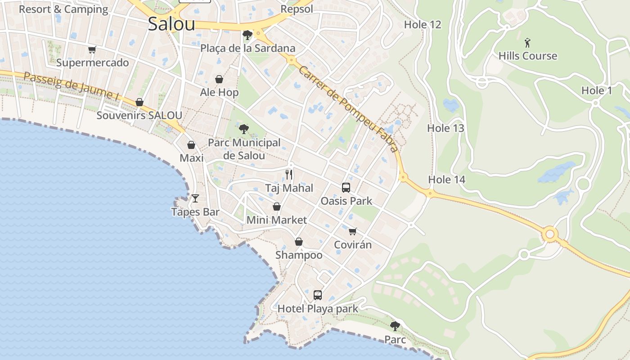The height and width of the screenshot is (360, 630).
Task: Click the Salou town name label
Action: tap(171, 24)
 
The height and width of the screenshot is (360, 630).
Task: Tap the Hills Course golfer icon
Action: tap(528, 43)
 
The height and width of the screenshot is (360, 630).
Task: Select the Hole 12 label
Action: tap(423, 25)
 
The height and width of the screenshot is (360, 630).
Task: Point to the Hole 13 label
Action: tap(445, 128)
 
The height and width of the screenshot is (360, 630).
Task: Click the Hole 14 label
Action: tap(446, 180)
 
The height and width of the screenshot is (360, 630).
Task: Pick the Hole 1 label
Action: tap(597, 90)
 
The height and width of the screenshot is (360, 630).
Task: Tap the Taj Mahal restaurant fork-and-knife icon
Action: tap(289, 175)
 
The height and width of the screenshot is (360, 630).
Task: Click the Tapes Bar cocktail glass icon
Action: tap(195, 198)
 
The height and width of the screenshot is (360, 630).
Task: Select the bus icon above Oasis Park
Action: tap(346, 188)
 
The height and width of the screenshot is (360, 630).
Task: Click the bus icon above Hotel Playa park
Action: tap(318, 295)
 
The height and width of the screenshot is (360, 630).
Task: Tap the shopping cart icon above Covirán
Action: tap(353, 231)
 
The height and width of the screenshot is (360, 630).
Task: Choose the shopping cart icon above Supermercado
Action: tap(92, 49)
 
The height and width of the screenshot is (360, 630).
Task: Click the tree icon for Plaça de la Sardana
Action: tap(247, 35)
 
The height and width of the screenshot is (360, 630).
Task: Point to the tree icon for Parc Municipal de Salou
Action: tap(243, 130)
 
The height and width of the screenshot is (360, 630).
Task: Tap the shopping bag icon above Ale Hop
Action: tap(219, 80)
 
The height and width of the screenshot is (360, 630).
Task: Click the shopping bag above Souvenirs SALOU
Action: tap(139, 103)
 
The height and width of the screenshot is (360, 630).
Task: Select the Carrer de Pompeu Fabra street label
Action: tap(349, 109)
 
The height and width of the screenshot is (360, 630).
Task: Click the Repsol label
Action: tap(297, 9)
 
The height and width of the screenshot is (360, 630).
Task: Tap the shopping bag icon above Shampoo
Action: tap(299, 242)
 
